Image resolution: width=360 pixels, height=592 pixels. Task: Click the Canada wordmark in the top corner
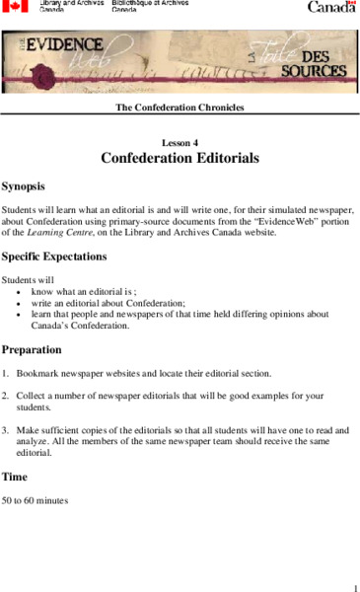[x=331, y=7]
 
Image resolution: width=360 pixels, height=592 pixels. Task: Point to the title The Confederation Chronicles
[x=180, y=107]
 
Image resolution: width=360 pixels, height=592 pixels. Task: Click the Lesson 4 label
[x=180, y=143]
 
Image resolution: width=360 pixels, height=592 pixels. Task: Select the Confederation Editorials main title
[x=180, y=158]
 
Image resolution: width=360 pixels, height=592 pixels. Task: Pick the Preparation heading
[x=32, y=349]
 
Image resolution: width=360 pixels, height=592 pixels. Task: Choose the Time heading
[x=15, y=477]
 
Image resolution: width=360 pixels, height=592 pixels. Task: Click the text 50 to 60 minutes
[x=36, y=500]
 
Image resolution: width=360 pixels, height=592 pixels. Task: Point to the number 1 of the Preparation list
[x=5, y=374]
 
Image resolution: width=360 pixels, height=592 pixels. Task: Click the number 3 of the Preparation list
[x=5, y=430]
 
